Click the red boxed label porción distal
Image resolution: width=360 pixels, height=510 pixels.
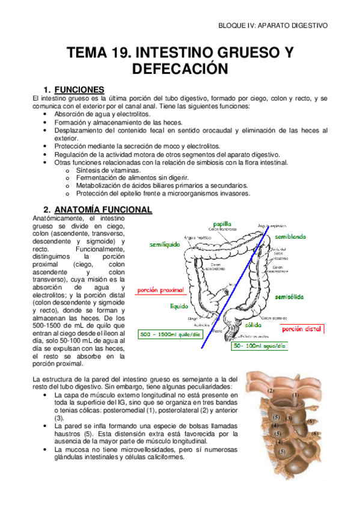(x=303, y=329)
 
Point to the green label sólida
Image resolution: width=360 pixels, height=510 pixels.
(x=252, y=324)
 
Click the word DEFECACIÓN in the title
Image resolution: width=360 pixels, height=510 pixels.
(x=180, y=69)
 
